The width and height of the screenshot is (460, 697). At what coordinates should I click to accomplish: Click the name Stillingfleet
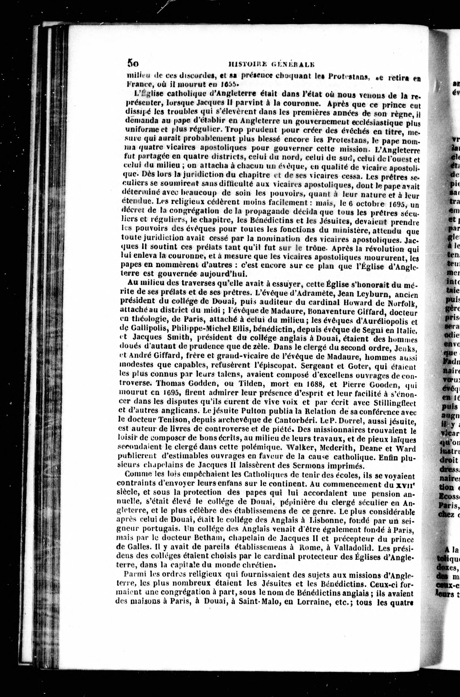pyautogui.click(x=395, y=403)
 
